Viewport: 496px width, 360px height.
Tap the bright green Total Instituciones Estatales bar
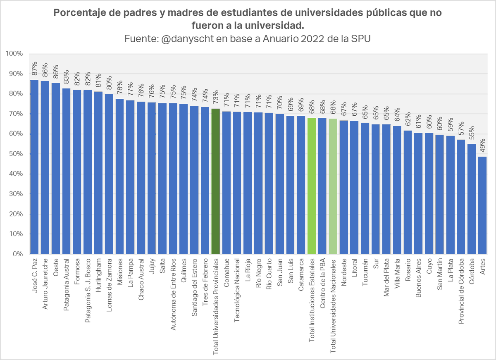312,186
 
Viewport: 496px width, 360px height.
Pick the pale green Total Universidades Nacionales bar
333,186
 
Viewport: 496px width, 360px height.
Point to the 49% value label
482,147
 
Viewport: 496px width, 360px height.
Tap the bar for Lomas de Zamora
109,174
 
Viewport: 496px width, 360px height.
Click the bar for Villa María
397,190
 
